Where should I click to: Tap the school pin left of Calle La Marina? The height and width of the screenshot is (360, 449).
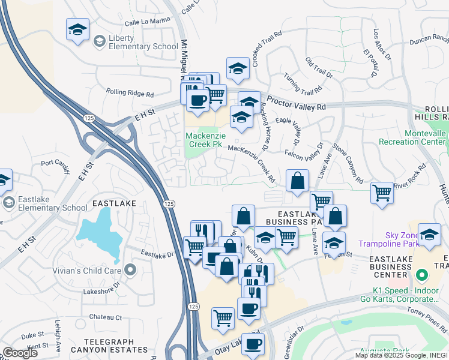coord(77,31)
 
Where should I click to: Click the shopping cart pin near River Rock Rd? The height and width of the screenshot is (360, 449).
coord(382,193)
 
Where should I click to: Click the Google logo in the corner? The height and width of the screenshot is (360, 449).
coord(20,353)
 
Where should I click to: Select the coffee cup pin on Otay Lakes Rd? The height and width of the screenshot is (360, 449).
coord(252,344)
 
